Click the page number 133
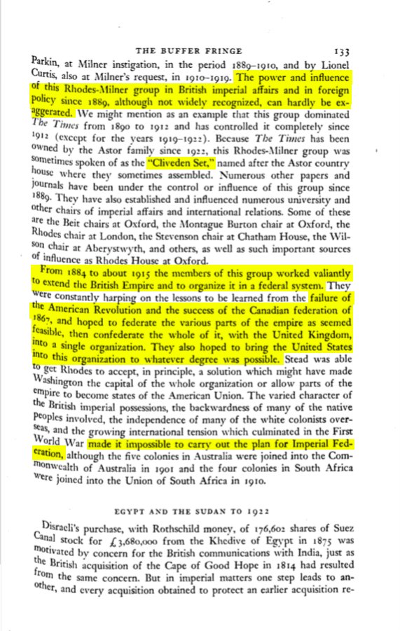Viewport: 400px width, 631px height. (342, 51)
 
